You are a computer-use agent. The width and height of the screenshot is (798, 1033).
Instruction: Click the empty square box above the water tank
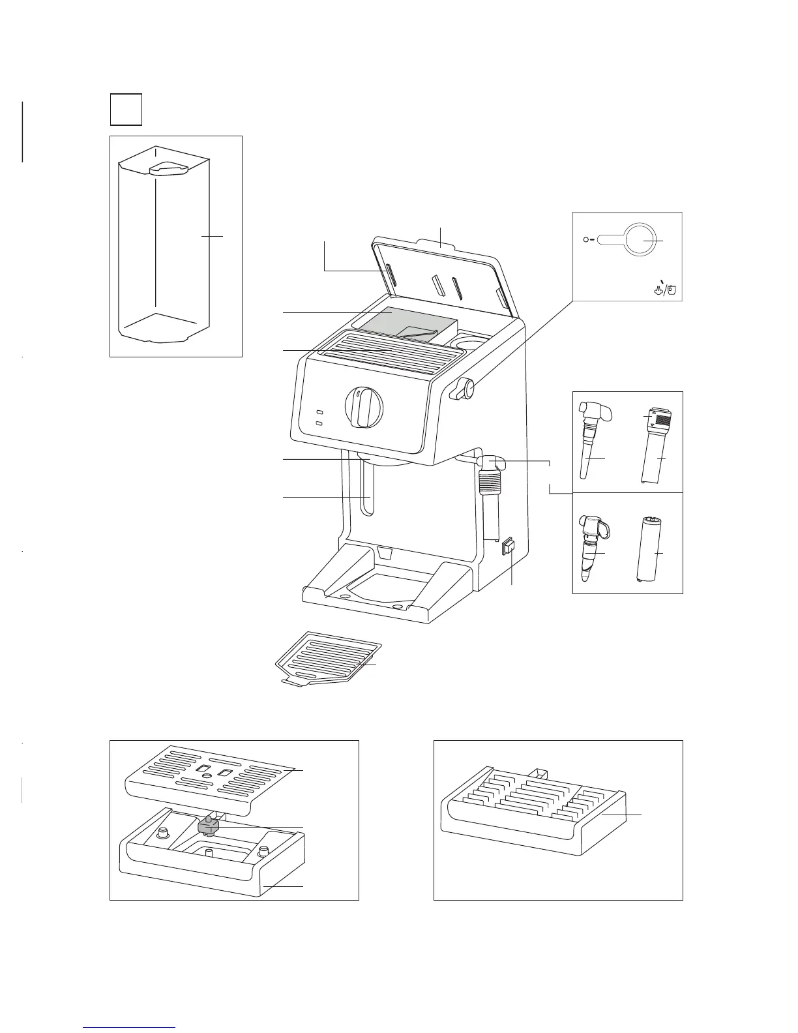tap(126, 110)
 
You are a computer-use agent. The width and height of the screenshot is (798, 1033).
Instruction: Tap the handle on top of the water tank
tap(168, 169)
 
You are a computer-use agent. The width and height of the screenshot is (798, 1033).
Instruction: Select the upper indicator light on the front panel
tap(320, 413)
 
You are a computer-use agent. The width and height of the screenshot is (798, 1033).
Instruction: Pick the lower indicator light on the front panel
tap(320, 425)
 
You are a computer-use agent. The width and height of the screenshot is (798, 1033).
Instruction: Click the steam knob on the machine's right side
tap(465, 389)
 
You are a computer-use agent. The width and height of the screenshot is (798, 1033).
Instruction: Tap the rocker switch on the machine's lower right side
tap(508, 546)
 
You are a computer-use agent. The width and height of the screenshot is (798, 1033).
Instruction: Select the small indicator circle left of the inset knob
tap(585, 240)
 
